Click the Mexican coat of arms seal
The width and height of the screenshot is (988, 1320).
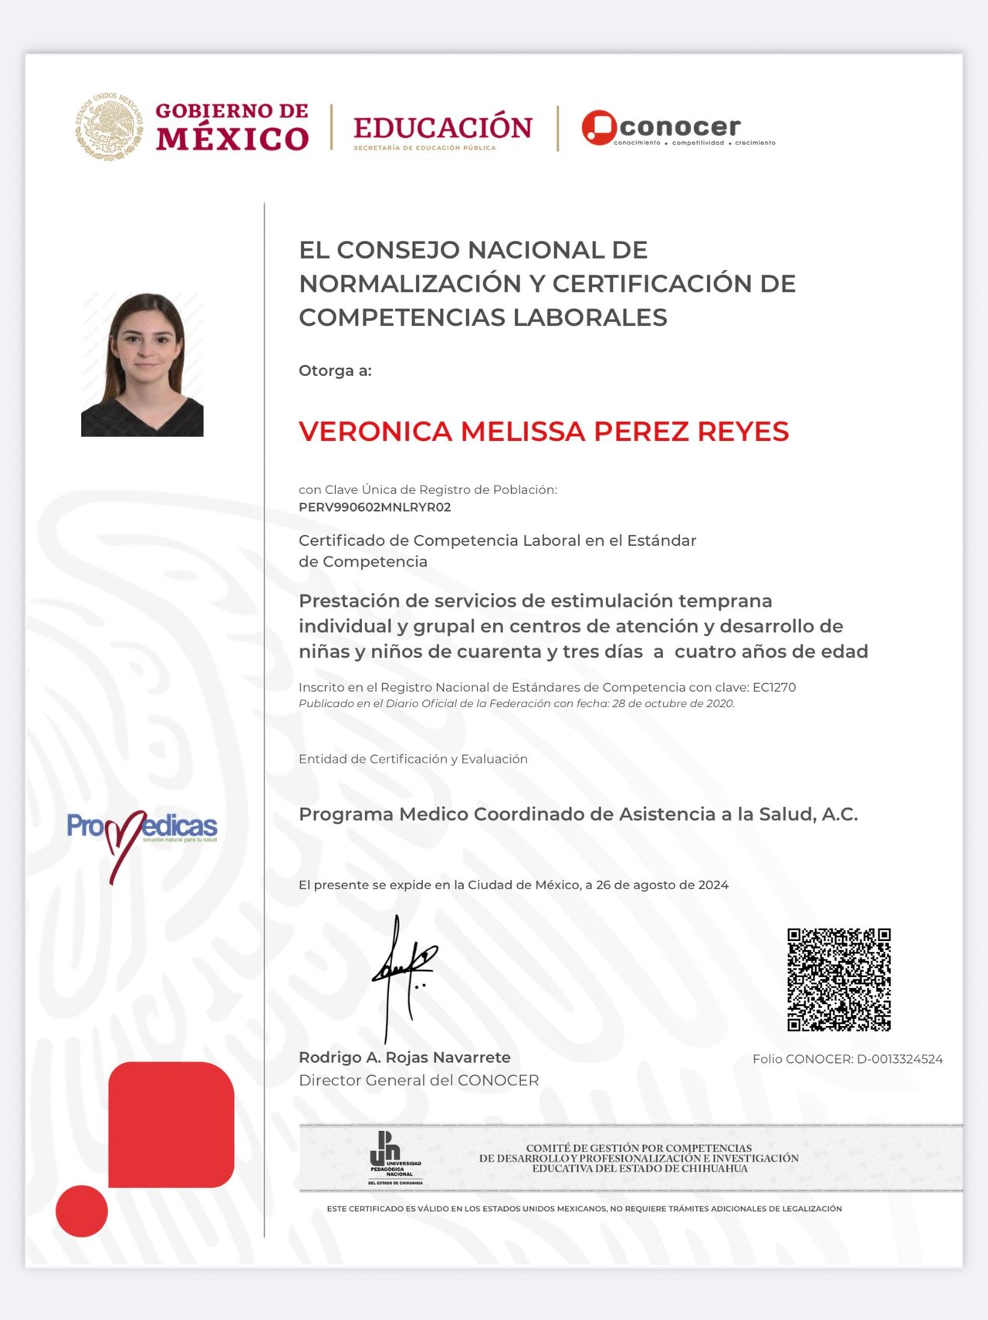[110, 127]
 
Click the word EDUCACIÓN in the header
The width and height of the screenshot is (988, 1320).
[442, 127]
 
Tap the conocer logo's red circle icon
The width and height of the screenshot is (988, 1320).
[598, 127]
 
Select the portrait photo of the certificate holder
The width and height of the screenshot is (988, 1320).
[143, 364]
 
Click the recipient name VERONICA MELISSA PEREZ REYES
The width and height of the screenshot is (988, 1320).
[543, 432]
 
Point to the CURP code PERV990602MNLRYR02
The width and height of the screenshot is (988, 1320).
[374, 507]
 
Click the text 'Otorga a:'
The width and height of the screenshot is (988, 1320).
[335, 371]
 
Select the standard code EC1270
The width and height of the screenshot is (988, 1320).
[774, 687]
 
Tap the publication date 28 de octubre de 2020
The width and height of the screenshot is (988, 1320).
[672, 703]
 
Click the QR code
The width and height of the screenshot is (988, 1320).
[838, 980]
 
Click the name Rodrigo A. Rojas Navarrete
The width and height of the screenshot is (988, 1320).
[404, 1058]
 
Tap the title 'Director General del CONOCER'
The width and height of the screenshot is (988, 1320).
[418, 1081]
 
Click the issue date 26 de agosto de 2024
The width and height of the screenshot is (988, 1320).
[662, 885]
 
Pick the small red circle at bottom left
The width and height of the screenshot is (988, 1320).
[82, 1210]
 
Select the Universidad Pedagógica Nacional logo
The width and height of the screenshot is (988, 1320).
[394, 1158]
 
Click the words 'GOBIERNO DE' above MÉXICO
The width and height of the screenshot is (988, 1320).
[232, 111]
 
